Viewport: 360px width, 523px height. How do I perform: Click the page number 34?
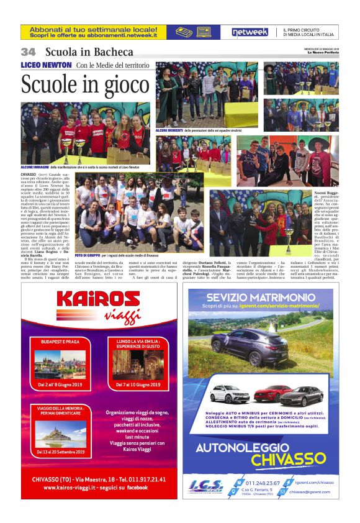pyautogui.click(x=29, y=52)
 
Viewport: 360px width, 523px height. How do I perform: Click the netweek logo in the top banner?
pyautogui.click(x=250, y=32)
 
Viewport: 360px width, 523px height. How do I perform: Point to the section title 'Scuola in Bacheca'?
pyautogui.click(x=89, y=52)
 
